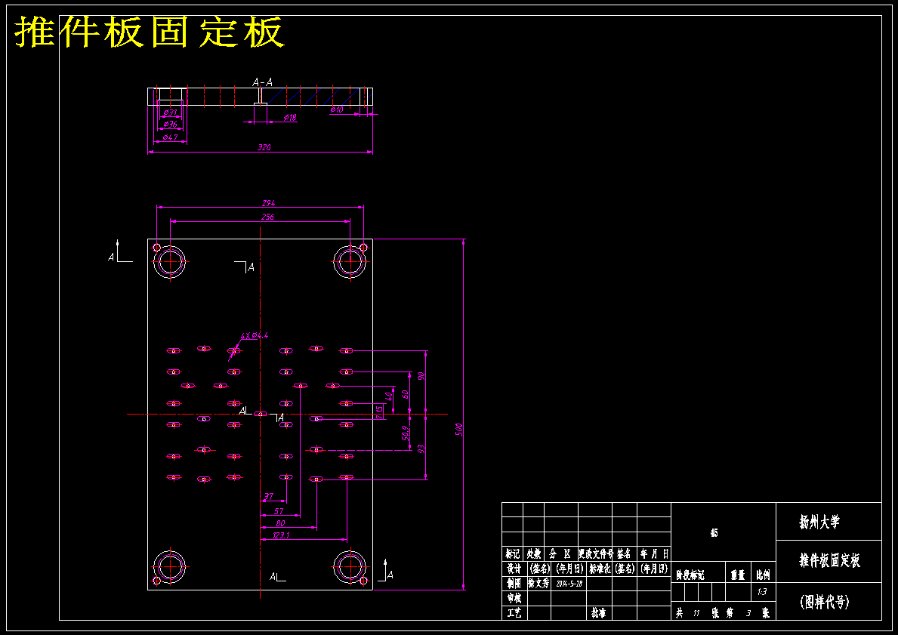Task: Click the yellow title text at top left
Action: (150, 32)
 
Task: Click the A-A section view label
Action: (262, 82)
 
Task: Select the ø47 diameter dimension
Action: (170, 137)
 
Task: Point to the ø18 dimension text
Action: (289, 118)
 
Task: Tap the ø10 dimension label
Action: (337, 110)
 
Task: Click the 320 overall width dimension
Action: (264, 148)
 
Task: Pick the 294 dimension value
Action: (268, 203)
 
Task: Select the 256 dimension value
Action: (267, 217)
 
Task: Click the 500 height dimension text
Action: (458, 429)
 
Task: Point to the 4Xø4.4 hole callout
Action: (255, 335)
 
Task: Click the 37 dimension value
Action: (268, 497)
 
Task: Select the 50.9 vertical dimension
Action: (406, 433)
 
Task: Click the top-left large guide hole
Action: (171, 262)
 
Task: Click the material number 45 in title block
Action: (714, 533)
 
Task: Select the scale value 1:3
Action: (761, 592)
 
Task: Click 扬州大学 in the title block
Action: (819, 522)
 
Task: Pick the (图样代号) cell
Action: (825, 602)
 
